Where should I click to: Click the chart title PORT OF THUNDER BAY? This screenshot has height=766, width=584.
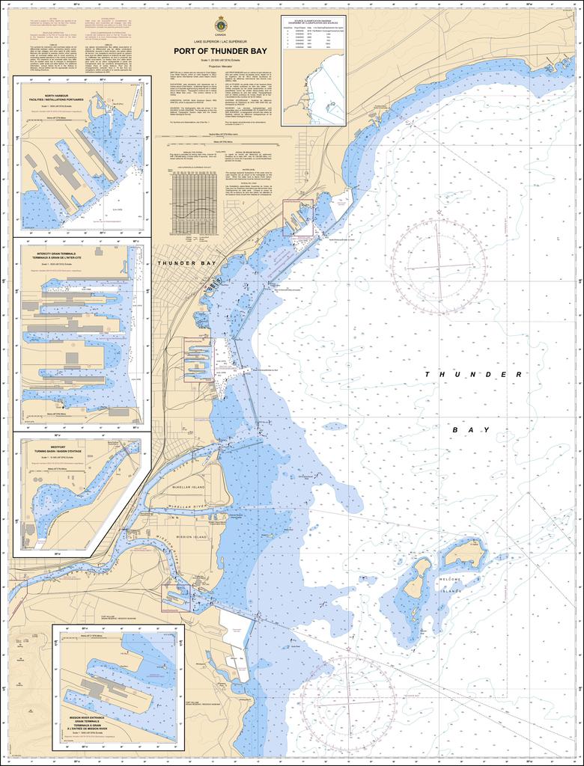pos(220,52)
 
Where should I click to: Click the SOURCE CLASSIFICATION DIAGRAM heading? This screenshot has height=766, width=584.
pos(313,22)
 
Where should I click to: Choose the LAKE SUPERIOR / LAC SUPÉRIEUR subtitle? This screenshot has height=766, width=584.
pos(220,39)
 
